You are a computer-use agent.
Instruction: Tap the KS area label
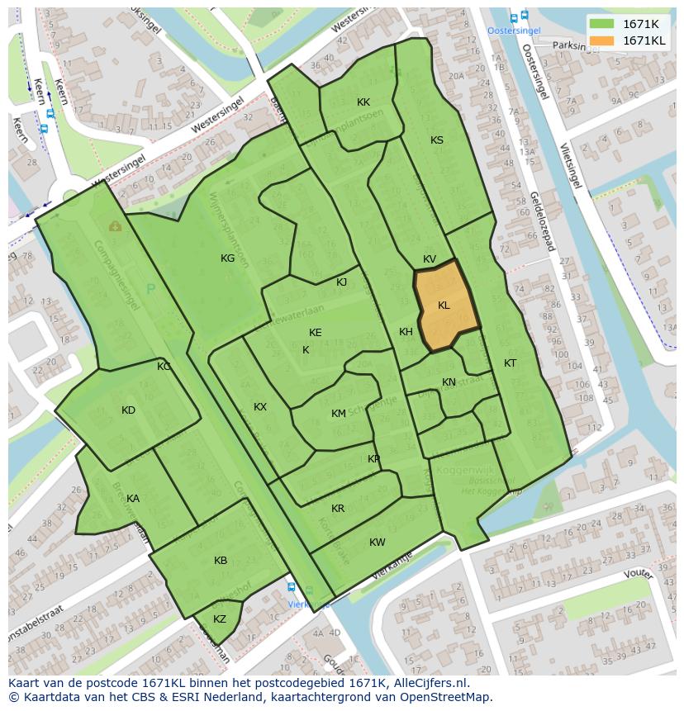pyautogui.click(x=437, y=140)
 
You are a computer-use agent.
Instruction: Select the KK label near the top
pyautogui.click(x=363, y=102)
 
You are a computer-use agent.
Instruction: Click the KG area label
pyautogui.click(x=227, y=258)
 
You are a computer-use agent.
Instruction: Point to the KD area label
pyautogui.click(x=128, y=410)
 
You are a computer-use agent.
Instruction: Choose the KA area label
pyautogui.click(x=133, y=499)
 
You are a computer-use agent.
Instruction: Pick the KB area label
pyautogui.click(x=221, y=561)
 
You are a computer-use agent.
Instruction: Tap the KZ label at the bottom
pyautogui.click(x=220, y=619)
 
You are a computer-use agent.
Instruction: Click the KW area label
pyautogui.click(x=378, y=543)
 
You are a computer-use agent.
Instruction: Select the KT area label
pyautogui.click(x=511, y=363)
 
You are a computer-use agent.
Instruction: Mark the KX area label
pyautogui.click(x=260, y=407)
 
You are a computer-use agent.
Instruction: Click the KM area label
pyautogui.click(x=339, y=414)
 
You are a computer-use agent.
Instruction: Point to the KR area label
pyautogui.click(x=338, y=509)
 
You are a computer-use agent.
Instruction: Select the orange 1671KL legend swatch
pyautogui.click(x=602, y=40)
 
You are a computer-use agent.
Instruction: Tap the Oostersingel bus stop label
pyautogui.click(x=514, y=31)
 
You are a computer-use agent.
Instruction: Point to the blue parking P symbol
pyautogui.click(x=150, y=289)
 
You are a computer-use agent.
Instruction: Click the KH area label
pyautogui.click(x=406, y=332)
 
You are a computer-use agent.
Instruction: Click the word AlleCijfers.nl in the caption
pyautogui.click(x=429, y=683)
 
